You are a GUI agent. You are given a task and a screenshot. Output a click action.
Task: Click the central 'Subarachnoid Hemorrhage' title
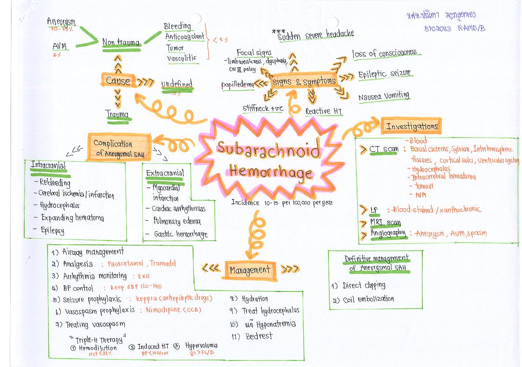pyautogui.click(x=268, y=160)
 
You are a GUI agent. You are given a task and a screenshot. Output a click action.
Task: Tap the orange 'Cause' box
pyautogui.click(x=118, y=80)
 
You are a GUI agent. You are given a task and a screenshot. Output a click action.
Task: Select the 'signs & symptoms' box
pyautogui.click(x=304, y=82)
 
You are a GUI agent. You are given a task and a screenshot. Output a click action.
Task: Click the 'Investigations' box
pyautogui.click(x=412, y=126)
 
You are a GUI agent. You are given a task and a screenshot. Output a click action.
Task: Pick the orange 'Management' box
pyautogui.click(x=250, y=270)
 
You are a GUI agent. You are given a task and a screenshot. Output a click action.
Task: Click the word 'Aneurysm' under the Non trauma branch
pyautogui.click(x=61, y=22)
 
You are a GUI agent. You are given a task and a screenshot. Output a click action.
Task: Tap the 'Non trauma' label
pyautogui.click(x=121, y=43)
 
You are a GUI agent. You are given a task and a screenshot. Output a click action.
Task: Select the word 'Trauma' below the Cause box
pyautogui.click(x=117, y=115)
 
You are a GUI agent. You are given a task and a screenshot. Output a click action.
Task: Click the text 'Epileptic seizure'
pyautogui.click(x=384, y=74)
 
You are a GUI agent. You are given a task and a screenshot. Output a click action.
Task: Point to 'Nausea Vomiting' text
pyautogui.click(x=384, y=95)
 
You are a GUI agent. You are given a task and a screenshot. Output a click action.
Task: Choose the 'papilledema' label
pyautogui.click(x=238, y=85)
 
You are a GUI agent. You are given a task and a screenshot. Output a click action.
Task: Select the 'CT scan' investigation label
pyautogui.click(x=384, y=149)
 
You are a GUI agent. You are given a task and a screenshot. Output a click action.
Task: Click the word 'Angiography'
pyautogui.click(x=388, y=233)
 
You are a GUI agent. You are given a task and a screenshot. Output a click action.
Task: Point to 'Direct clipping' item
pyautogui.click(x=364, y=285)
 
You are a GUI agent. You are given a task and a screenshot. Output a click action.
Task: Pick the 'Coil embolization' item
pyautogui.click(x=368, y=300)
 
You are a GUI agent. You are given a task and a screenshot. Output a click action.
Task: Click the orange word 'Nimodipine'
pyautogui.click(x=160, y=310)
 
